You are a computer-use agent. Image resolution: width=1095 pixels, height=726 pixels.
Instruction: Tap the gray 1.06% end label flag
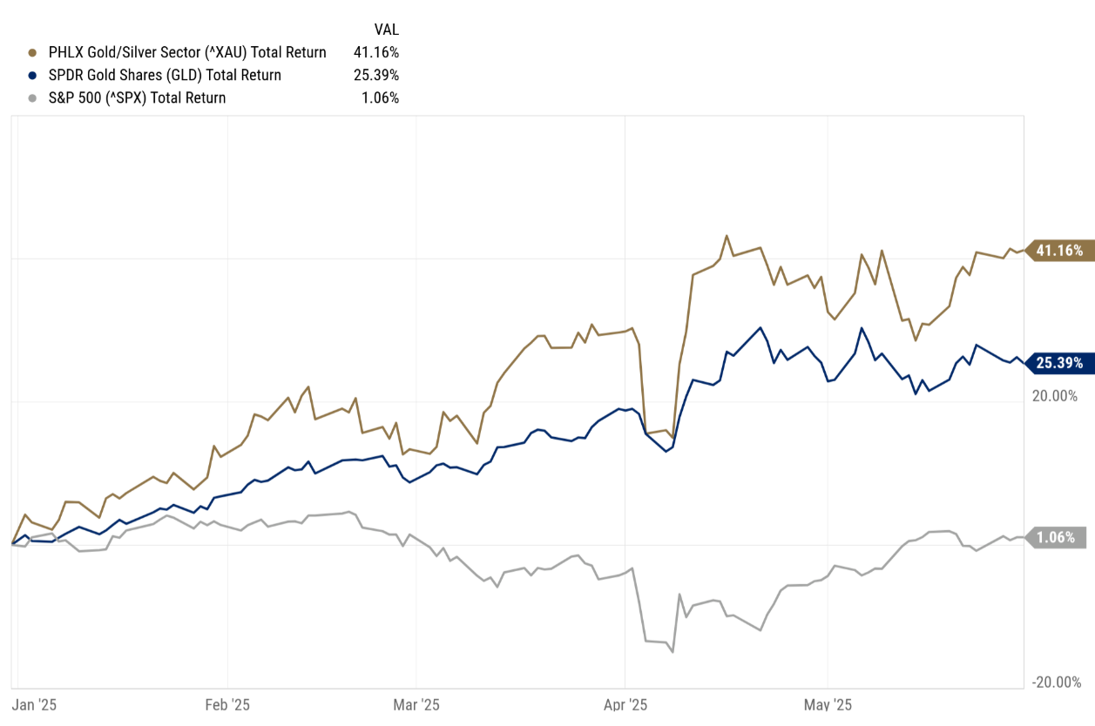click(1058, 537)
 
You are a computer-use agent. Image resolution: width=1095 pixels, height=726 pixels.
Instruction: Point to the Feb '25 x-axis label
click(227, 704)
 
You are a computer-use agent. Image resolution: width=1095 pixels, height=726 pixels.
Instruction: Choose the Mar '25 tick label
click(417, 704)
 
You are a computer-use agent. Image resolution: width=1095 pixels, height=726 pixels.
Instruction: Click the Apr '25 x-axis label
click(625, 704)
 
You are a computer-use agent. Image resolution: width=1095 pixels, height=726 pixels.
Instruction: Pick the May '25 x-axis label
click(828, 704)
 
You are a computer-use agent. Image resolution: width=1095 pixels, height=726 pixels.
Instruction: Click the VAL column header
click(386, 30)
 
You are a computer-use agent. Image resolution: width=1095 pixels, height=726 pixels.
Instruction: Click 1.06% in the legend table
click(382, 97)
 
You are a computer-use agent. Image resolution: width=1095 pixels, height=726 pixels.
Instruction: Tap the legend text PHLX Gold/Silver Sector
click(131, 52)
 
